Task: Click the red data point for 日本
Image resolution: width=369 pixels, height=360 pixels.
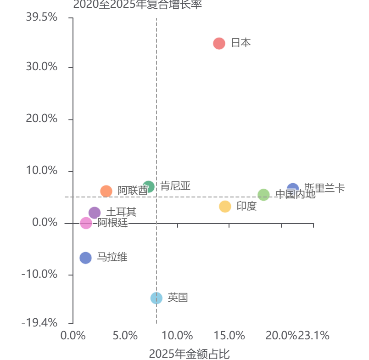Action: click(219, 44)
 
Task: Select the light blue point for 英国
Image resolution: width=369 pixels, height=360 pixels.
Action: click(157, 298)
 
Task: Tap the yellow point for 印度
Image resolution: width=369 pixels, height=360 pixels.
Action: click(225, 207)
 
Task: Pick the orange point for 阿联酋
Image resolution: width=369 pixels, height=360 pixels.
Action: click(106, 191)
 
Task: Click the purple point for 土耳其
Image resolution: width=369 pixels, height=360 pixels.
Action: click(95, 213)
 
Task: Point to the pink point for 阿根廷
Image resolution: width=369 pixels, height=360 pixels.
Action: click(86, 223)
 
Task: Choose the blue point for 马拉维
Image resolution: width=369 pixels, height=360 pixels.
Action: click(86, 258)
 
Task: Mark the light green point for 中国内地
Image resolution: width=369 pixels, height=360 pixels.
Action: click(263, 195)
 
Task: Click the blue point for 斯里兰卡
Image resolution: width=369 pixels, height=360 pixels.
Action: click(293, 189)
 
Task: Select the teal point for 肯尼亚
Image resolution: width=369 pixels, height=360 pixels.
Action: click(148, 187)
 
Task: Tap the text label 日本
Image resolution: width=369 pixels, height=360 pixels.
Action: click(241, 43)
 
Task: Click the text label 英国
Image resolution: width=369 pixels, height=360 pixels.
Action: click(178, 298)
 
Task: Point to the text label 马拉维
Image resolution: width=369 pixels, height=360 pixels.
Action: click(112, 257)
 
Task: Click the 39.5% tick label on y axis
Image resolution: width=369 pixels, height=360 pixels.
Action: click(42, 17)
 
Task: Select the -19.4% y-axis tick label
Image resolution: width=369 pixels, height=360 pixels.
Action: click(39, 323)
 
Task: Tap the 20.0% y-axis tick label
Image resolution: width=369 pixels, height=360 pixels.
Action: click(42, 119)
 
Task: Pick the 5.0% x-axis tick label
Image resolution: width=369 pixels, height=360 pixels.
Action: click(125, 336)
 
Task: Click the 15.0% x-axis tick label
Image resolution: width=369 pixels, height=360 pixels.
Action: click(229, 336)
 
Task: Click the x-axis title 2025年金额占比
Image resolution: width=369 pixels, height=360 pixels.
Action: click(189, 354)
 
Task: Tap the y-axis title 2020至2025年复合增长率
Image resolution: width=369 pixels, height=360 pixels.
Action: click(138, 5)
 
